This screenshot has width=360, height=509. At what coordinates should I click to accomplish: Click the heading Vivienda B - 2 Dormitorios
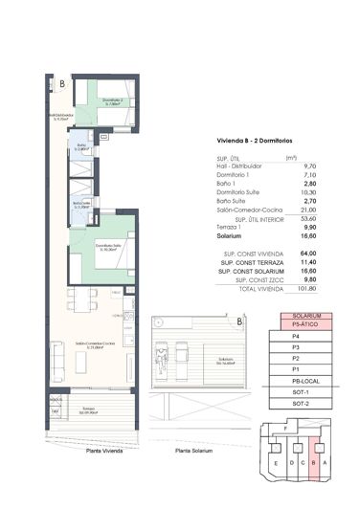pyautogui.click(x=250, y=141)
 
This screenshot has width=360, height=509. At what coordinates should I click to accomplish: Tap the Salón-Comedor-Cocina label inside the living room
pyautogui.click(x=87, y=343)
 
